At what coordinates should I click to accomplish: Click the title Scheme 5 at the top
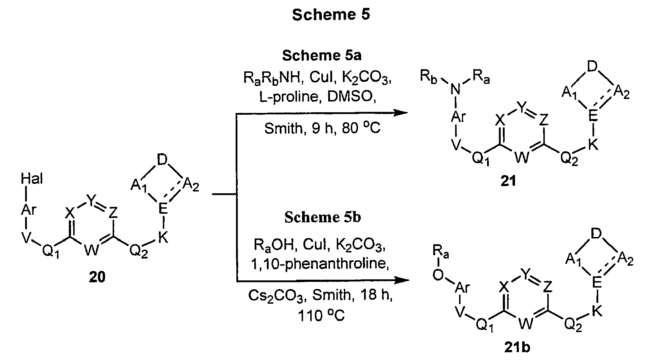tap(330, 15)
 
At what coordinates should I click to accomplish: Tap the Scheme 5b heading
tap(322, 218)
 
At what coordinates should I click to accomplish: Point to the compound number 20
tap(96, 277)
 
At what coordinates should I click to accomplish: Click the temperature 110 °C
tap(321, 316)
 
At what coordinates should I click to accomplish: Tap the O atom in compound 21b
tap(438, 275)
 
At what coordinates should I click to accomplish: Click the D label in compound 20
tap(162, 160)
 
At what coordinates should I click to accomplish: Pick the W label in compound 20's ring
tap(92, 250)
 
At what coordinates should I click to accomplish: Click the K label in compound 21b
tap(596, 312)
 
